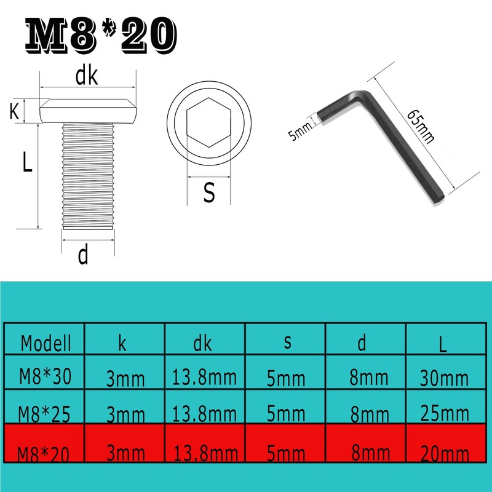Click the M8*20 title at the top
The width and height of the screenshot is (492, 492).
coord(101,35)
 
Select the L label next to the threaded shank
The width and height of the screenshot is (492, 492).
coord(27,161)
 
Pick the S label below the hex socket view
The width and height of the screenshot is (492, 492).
coord(209,192)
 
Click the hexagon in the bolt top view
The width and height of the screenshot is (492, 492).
coord(208,122)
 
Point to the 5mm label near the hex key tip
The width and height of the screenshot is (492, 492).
coord(300,130)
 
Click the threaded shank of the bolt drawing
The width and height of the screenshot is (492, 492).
coord(88,176)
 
